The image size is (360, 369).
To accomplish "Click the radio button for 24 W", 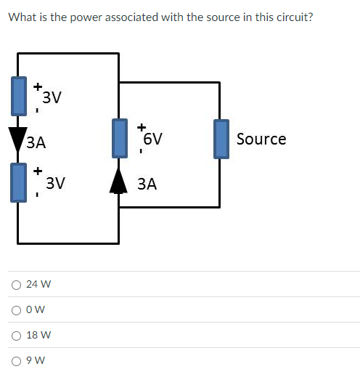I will [x=15, y=285].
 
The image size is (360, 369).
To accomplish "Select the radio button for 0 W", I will [x=15, y=310].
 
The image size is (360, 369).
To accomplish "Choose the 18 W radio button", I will [x=15, y=336].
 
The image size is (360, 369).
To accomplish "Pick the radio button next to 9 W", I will [x=15, y=360].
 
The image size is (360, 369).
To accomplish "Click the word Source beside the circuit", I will [x=261, y=139].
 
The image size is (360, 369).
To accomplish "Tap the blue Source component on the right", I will [x=221, y=139].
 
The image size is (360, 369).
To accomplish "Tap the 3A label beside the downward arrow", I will [x=36, y=143].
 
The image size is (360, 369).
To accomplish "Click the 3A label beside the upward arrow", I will [x=147, y=184].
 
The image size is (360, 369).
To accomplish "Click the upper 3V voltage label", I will [x=52, y=97].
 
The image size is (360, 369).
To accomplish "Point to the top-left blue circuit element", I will [x=17, y=98].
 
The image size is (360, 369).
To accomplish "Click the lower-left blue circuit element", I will [x=17, y=182].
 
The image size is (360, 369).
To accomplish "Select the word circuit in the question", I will [x=290, y=17].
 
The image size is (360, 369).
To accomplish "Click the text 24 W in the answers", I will [x=38, y=285].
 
